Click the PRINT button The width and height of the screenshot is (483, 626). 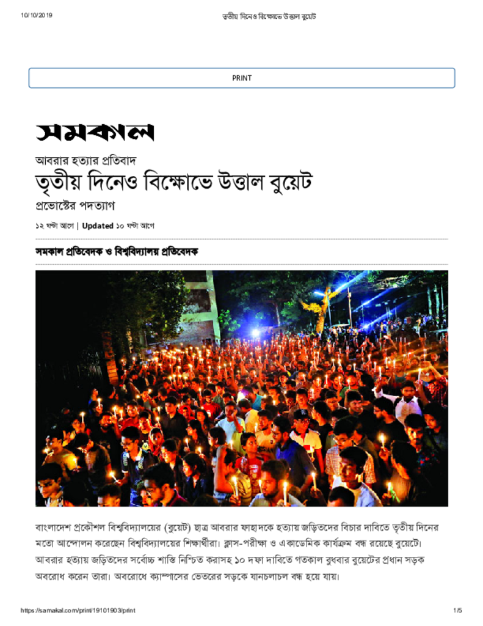[x=241, y=78]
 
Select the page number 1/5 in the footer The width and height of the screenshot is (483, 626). [x=458, y=611]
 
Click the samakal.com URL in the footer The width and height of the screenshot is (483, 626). [x=78, y=611]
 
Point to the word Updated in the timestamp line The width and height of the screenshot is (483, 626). [x=98, y=226]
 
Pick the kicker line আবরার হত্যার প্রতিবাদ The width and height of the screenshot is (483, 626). [x=85, y=161]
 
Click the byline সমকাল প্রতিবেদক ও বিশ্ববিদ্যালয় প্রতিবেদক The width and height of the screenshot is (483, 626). [x=117, y=251]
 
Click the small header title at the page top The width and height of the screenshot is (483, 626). [x=269, y=16]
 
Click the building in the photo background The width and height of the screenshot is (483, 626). [x=198, y=306]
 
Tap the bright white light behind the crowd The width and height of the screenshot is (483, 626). [x=255, y=333]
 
